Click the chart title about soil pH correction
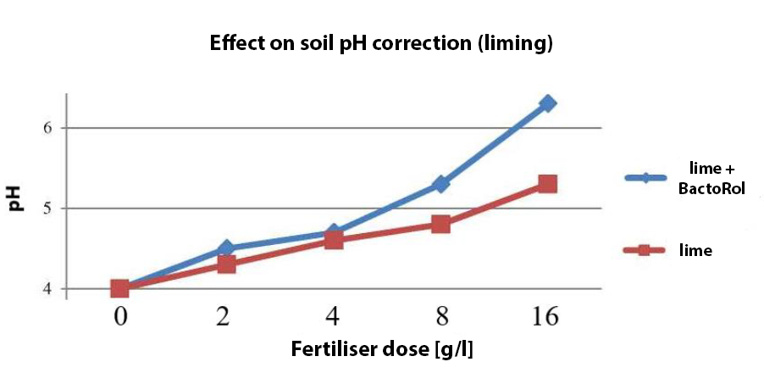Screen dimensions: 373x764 [381, 44]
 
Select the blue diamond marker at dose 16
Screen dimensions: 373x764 [547, 103]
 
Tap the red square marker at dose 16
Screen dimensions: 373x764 [547, 184]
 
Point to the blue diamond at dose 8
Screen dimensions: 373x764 [440, 184]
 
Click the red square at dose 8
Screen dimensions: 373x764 [440, 224]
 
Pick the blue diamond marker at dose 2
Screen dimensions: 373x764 [226, 248]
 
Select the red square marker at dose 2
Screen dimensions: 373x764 [226, 264]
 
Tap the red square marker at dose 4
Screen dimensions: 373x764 [334, 241]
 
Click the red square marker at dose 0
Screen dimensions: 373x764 [119, 289]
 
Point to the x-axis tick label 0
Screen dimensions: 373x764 [119, 319]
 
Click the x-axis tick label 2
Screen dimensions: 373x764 [226, 319]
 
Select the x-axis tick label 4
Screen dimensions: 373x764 [334, 319]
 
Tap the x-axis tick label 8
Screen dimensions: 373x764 [440, 319]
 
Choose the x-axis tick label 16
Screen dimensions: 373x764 [547, 319]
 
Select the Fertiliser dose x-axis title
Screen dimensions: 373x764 [388, 349]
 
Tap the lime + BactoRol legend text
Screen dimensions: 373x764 [711, 181]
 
